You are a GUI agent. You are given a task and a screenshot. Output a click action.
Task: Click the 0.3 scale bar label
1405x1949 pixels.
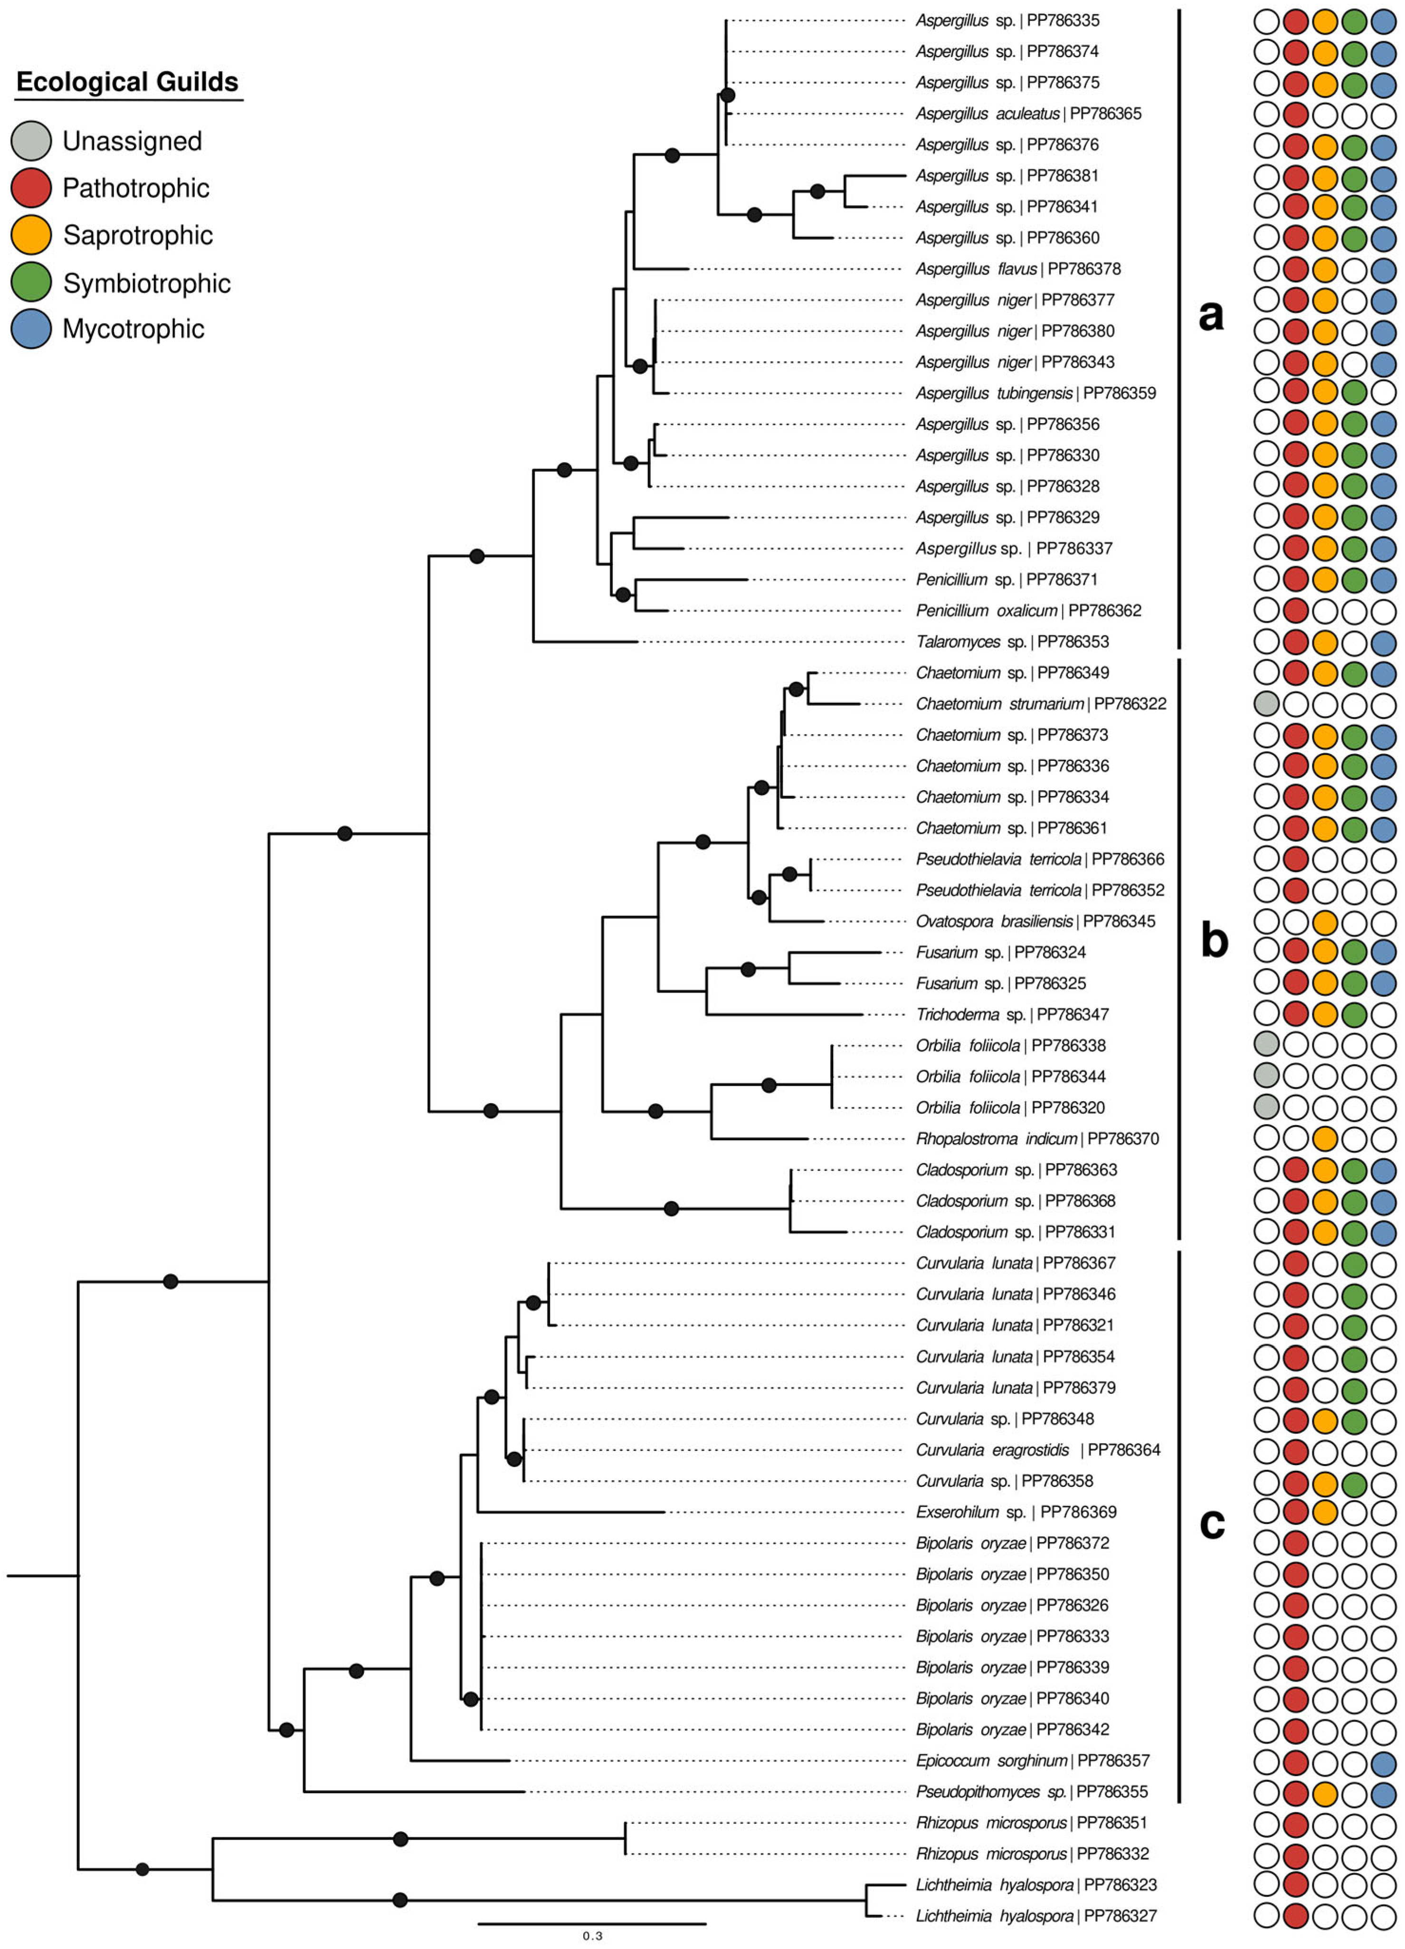(592, 1936)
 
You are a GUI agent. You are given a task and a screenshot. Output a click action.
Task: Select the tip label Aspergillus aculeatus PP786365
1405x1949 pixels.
(1028, 114)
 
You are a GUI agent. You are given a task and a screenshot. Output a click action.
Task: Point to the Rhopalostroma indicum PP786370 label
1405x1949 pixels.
(1036, 1139)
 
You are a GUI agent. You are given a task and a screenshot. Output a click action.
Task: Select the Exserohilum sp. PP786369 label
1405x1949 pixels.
(1016, 1512)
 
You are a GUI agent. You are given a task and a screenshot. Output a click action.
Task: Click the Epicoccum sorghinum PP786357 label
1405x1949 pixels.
(1031, 1761)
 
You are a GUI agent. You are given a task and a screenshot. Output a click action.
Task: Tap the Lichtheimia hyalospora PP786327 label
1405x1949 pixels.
(1035, 1915)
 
